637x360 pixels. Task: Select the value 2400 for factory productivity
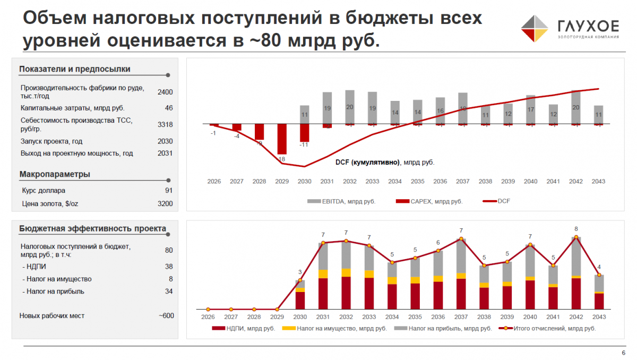click(x=165, y=92)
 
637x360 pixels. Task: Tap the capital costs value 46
click(x=169, y=108)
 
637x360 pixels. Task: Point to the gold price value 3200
click(x=165, y=203)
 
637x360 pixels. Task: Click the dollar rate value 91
click(x=169, y=190)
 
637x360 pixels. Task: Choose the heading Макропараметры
click(x=55, y=174)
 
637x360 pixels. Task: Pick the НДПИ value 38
click(x=169, y=267)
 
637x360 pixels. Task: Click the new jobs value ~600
click(x=166, y=316)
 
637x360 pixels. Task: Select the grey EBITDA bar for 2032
click(x=350, y=106)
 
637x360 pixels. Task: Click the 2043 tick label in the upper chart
click(x=598, y=182)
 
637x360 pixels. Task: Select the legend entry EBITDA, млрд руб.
click(x=341, y=201)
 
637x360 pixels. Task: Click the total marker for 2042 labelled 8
click(x=576, y=237)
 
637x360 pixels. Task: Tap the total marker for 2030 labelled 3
click(x=300, y=280)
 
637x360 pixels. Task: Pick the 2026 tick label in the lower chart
click(x=208, y=316)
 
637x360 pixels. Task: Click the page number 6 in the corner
click(x=623, y=353)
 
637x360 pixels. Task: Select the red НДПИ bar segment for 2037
click(x=461, y=294)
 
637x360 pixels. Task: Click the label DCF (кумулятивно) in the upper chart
click(x=368, y=162)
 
